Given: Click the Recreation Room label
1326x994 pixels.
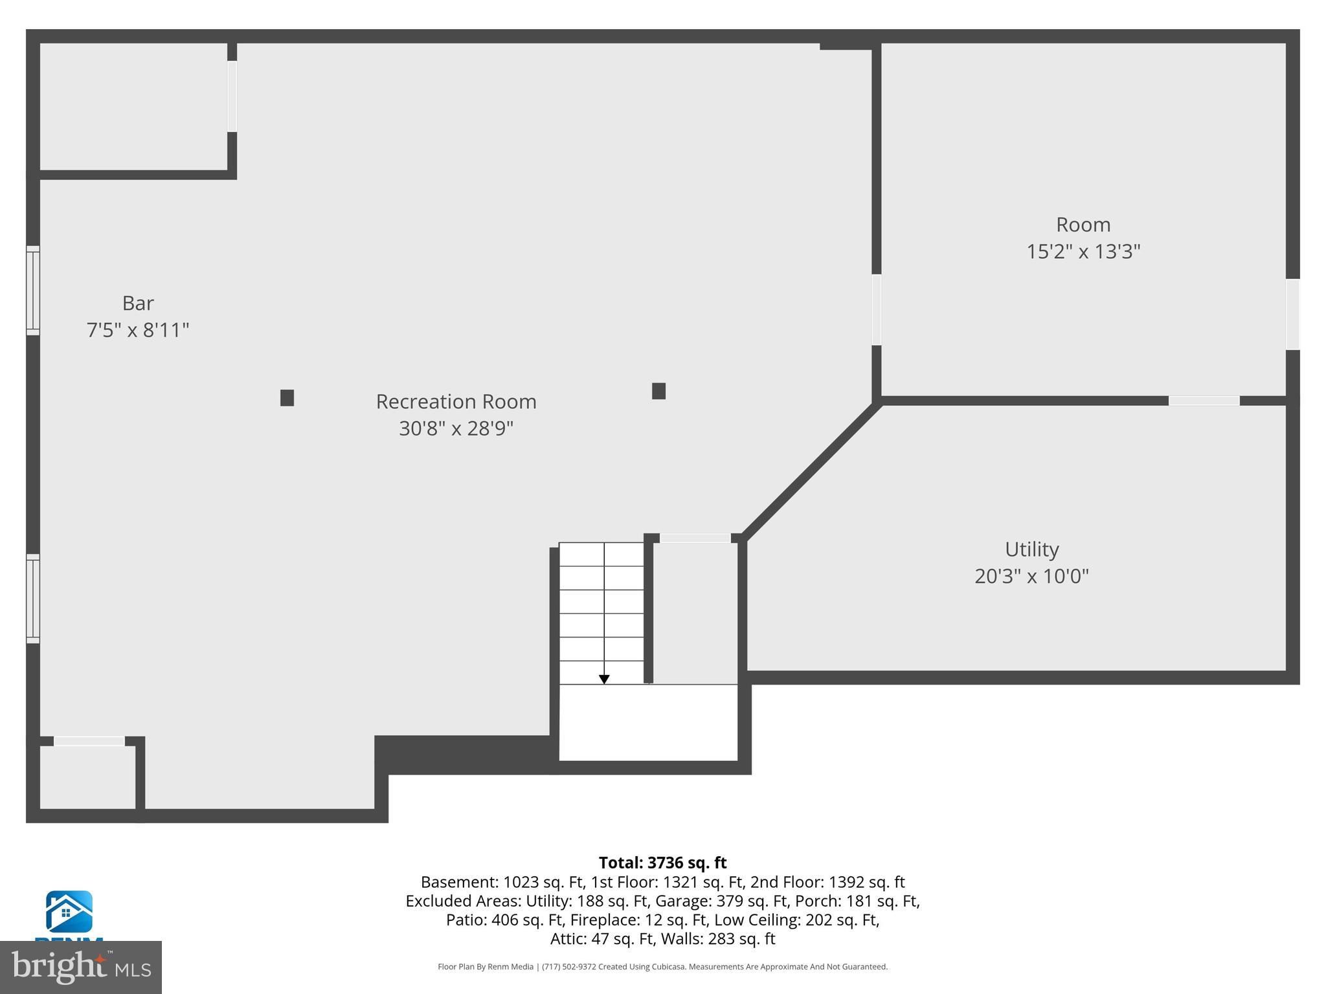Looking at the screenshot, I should [456, 402].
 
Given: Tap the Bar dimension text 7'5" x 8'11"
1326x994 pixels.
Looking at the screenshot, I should [138, 330].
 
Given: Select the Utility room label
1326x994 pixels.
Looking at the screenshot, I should [1031, 549].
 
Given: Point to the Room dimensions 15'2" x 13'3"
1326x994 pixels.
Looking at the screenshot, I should [1083, 251].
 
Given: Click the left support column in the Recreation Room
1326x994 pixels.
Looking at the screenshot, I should [287, 398].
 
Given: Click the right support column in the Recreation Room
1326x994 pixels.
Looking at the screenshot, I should [658, 391].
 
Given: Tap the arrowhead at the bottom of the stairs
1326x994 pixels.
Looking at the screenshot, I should [603, 679].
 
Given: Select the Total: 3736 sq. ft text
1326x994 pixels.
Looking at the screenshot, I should [662, 863].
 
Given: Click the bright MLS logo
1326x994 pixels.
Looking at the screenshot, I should [81, 967].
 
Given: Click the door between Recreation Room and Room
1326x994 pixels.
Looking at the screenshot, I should [876, 310].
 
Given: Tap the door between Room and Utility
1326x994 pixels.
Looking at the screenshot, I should [1204, 401].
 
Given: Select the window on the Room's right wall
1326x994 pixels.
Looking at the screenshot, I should [1292, 315].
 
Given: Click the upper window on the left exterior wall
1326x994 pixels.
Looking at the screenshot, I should [33, 291].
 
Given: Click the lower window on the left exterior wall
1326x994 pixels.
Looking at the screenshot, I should [33, 599].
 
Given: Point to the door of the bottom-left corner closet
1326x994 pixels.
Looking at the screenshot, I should [89, 741].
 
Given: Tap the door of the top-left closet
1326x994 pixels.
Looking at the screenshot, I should [232, 96].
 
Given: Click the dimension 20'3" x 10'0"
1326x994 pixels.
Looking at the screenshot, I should [1031, 576].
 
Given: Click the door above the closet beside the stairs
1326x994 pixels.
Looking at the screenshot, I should [695, 538].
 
